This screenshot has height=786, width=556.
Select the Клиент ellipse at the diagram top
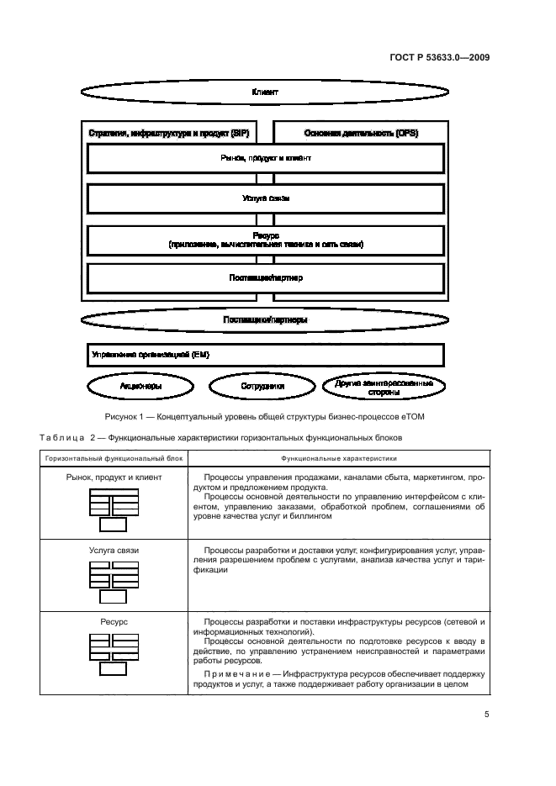point(265,92)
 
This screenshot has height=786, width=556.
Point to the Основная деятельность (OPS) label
point(361,134)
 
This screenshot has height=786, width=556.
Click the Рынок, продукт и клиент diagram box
point(265,158)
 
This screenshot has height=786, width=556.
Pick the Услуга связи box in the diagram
point(265,199)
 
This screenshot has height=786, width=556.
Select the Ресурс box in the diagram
point(265,240)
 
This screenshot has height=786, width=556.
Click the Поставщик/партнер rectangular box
point(265,278)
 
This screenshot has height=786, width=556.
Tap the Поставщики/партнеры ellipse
point(265,319)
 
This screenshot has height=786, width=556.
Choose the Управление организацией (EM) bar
point(265,355)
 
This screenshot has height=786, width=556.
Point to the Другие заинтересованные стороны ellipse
point(384,387)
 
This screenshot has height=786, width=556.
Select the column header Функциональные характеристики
point(339,459)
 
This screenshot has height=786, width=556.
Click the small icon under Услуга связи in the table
point(113,583)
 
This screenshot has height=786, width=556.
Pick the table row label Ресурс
point(113,622)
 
